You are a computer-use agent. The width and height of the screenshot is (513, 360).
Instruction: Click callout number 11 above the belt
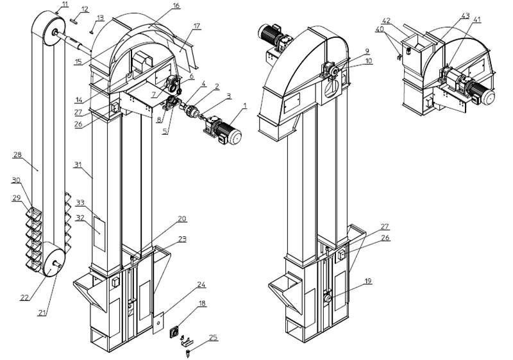click(65, 4)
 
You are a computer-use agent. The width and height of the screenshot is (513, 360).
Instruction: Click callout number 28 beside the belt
click(17, 155)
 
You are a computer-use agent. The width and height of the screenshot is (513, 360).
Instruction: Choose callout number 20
click(182, 218)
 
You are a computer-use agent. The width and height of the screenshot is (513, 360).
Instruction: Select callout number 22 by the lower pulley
click(25, 297)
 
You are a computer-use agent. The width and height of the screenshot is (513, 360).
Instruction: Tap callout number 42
click(404, 21)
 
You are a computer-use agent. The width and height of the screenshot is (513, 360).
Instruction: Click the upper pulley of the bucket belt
click(47, 30)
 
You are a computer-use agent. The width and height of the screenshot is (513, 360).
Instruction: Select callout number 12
click(85, 8)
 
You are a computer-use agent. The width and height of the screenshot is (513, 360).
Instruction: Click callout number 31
click(78, 165)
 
